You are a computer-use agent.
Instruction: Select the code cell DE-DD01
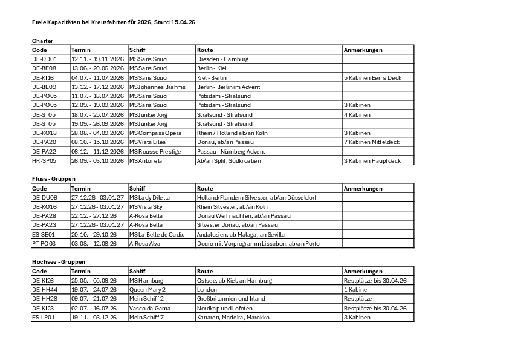point(44,59)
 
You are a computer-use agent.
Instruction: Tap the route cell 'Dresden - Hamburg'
point(222,59)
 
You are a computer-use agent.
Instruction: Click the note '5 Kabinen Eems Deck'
point(372,77)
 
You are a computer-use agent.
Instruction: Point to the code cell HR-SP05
point(44,160)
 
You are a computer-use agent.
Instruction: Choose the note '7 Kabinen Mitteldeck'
point(371,142)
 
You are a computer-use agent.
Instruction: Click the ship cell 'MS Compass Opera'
point(155,133)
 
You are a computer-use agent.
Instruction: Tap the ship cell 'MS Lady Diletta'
point(149,197)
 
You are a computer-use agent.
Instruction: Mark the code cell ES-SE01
point(44,234)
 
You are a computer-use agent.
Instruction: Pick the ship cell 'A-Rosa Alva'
point(146,243)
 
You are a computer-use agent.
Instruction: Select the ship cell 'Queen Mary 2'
point(147,289)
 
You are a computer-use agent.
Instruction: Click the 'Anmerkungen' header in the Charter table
point(363,50)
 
